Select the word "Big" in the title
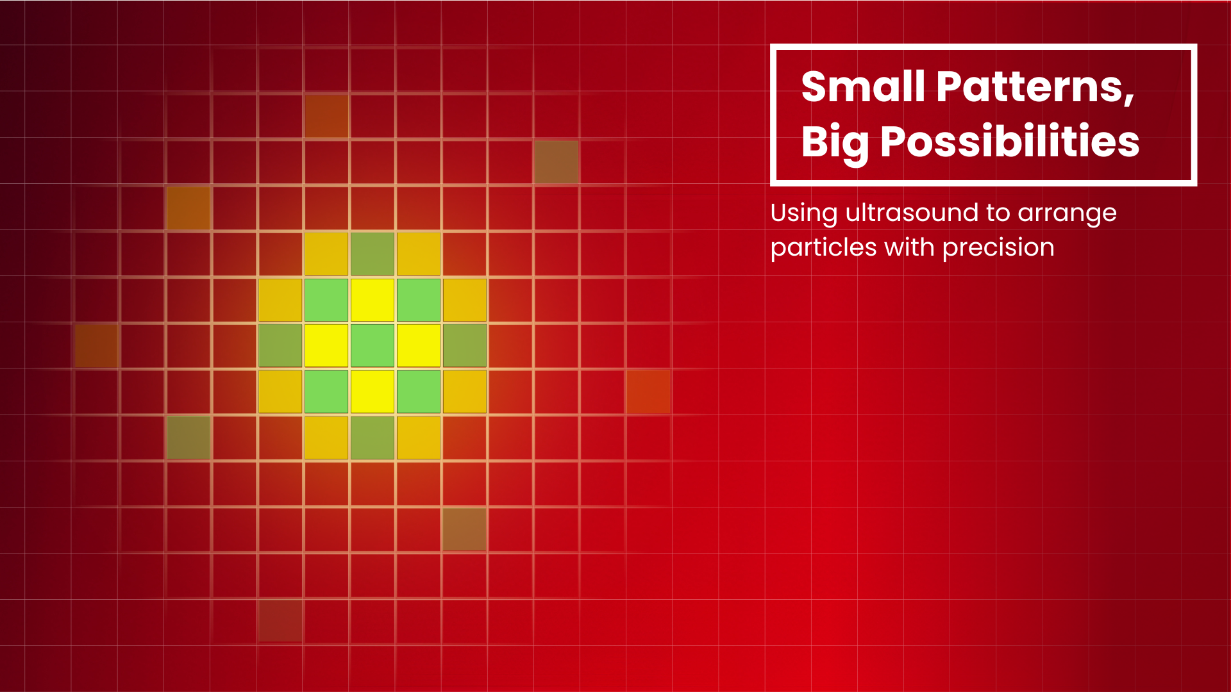[x=835, y=142]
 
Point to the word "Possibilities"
[x=1010, y=142]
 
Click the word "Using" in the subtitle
[x=803, y=213]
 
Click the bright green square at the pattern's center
[x=373, y=345]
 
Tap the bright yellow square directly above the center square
[x=373, y=299]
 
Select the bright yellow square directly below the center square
[x=373, y=391]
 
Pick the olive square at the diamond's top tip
[x=373, y=253]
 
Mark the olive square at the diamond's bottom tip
[x=373, y=438]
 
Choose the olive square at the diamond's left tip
[x=280, y=345]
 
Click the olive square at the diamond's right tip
[x=465, y=345]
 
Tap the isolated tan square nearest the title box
[x=557, y=161]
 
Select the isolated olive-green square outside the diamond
[x=188, y=438]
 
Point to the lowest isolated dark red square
[x=280, y=621]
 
